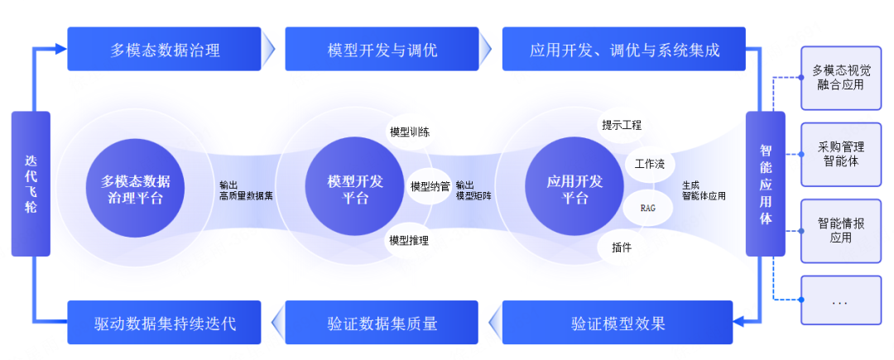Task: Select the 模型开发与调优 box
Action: pos(382,50)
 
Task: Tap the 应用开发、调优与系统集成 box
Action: pos(624,50)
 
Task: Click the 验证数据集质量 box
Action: pos(382,322)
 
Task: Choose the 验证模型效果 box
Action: pos(618,322)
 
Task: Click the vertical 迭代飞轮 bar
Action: pos(31,183)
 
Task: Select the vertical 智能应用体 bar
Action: pos(766,184)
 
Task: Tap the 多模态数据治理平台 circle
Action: pos(136,190)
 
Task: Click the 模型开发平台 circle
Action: pos(355,190)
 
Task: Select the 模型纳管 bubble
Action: pos(430,186)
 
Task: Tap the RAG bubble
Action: pos(647,208)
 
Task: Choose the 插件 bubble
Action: pos(622,247)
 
